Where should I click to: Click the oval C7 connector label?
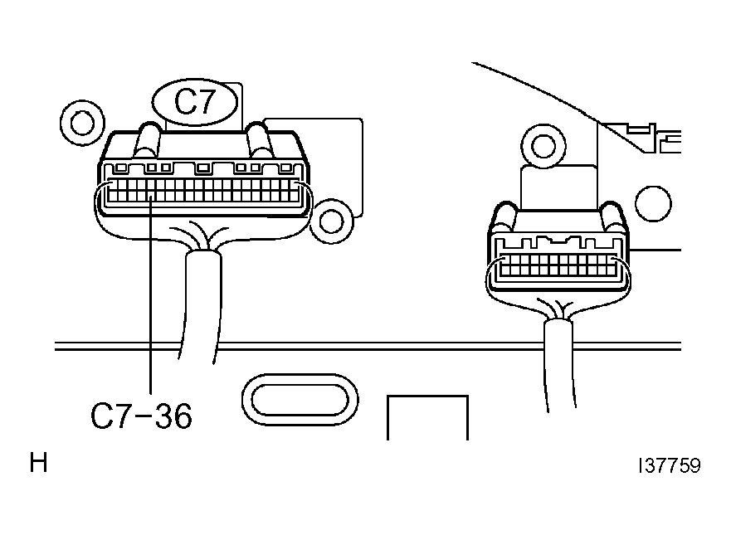[x=195, y=102]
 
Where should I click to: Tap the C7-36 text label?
[x=141, y=416]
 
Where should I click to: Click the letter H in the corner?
[x=39, y=463]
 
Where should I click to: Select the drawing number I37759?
[x=670, y=465]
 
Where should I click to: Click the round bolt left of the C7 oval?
[x=82, y=123]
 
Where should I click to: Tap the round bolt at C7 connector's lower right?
[x=331, y=221]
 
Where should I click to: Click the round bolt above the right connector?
[x=543, y=146]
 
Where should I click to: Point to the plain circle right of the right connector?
[x=654, y=204]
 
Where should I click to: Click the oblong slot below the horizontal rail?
[x=300, y=400]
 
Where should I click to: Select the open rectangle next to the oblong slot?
[x=427, y=417]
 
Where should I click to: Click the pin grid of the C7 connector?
[x=203, y=191]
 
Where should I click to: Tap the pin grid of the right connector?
[x=558, y=265]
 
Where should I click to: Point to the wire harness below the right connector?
[x=559, y=363]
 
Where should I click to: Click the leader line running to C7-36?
[x=150, y=295]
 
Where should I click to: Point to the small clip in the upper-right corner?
[x=662, y=139]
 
